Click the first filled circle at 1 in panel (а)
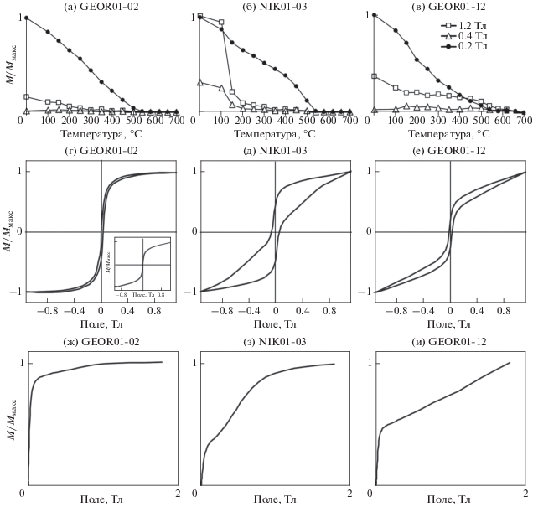coord(28,17)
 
